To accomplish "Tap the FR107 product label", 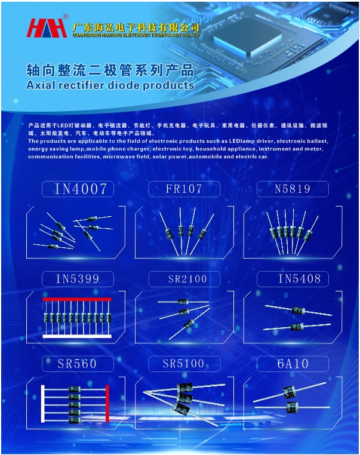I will (184, 189).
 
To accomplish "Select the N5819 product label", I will (292, 189).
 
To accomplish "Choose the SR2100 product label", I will (184, 279).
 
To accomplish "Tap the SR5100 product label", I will (184, 364).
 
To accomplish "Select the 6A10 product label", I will (292, 364).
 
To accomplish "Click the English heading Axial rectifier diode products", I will (110, 85).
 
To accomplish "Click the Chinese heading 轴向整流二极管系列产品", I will (110, 70).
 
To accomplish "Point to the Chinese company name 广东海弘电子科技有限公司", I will (135, 27).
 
